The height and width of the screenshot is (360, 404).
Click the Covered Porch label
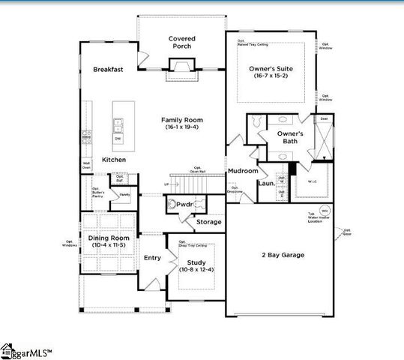pos(181,42)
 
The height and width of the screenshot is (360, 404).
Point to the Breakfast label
pos(108,69)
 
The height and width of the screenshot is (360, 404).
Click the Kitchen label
pos(114,160)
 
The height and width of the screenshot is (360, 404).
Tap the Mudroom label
pos(244,171)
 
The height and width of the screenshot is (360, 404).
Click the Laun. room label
pos(265,183)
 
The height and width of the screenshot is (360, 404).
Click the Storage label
pos(209,222)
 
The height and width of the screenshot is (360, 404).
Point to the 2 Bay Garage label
pos(282,255)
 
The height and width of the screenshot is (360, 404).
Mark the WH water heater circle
pos(325,210)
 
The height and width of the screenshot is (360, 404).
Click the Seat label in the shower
pos(324,118)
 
